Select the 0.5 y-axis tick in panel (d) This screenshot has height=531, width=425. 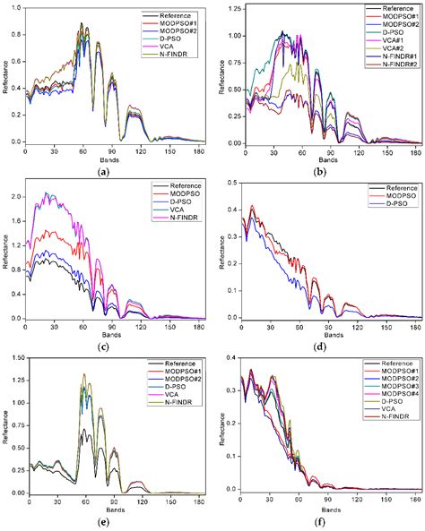coord(226,182)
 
